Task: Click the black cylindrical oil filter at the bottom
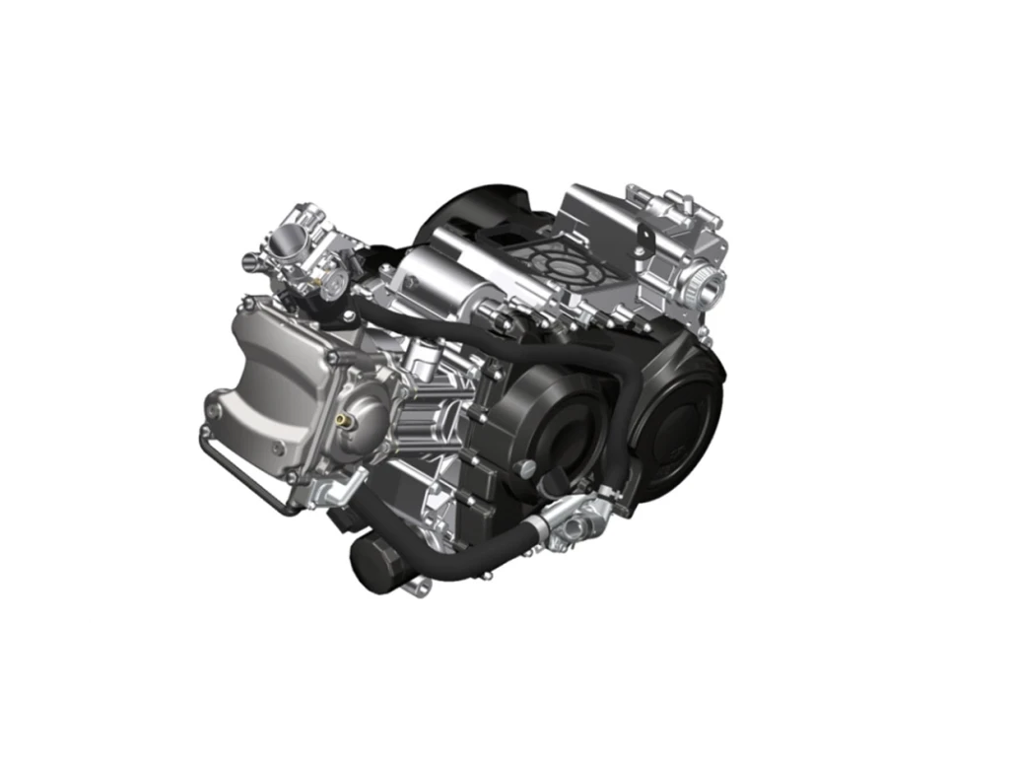coord(377,566)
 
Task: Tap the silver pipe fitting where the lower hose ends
coord(576,517)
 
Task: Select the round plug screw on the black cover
coord(527,465)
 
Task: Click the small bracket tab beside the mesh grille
coord(641,237)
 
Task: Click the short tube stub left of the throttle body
coord(251,262)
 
